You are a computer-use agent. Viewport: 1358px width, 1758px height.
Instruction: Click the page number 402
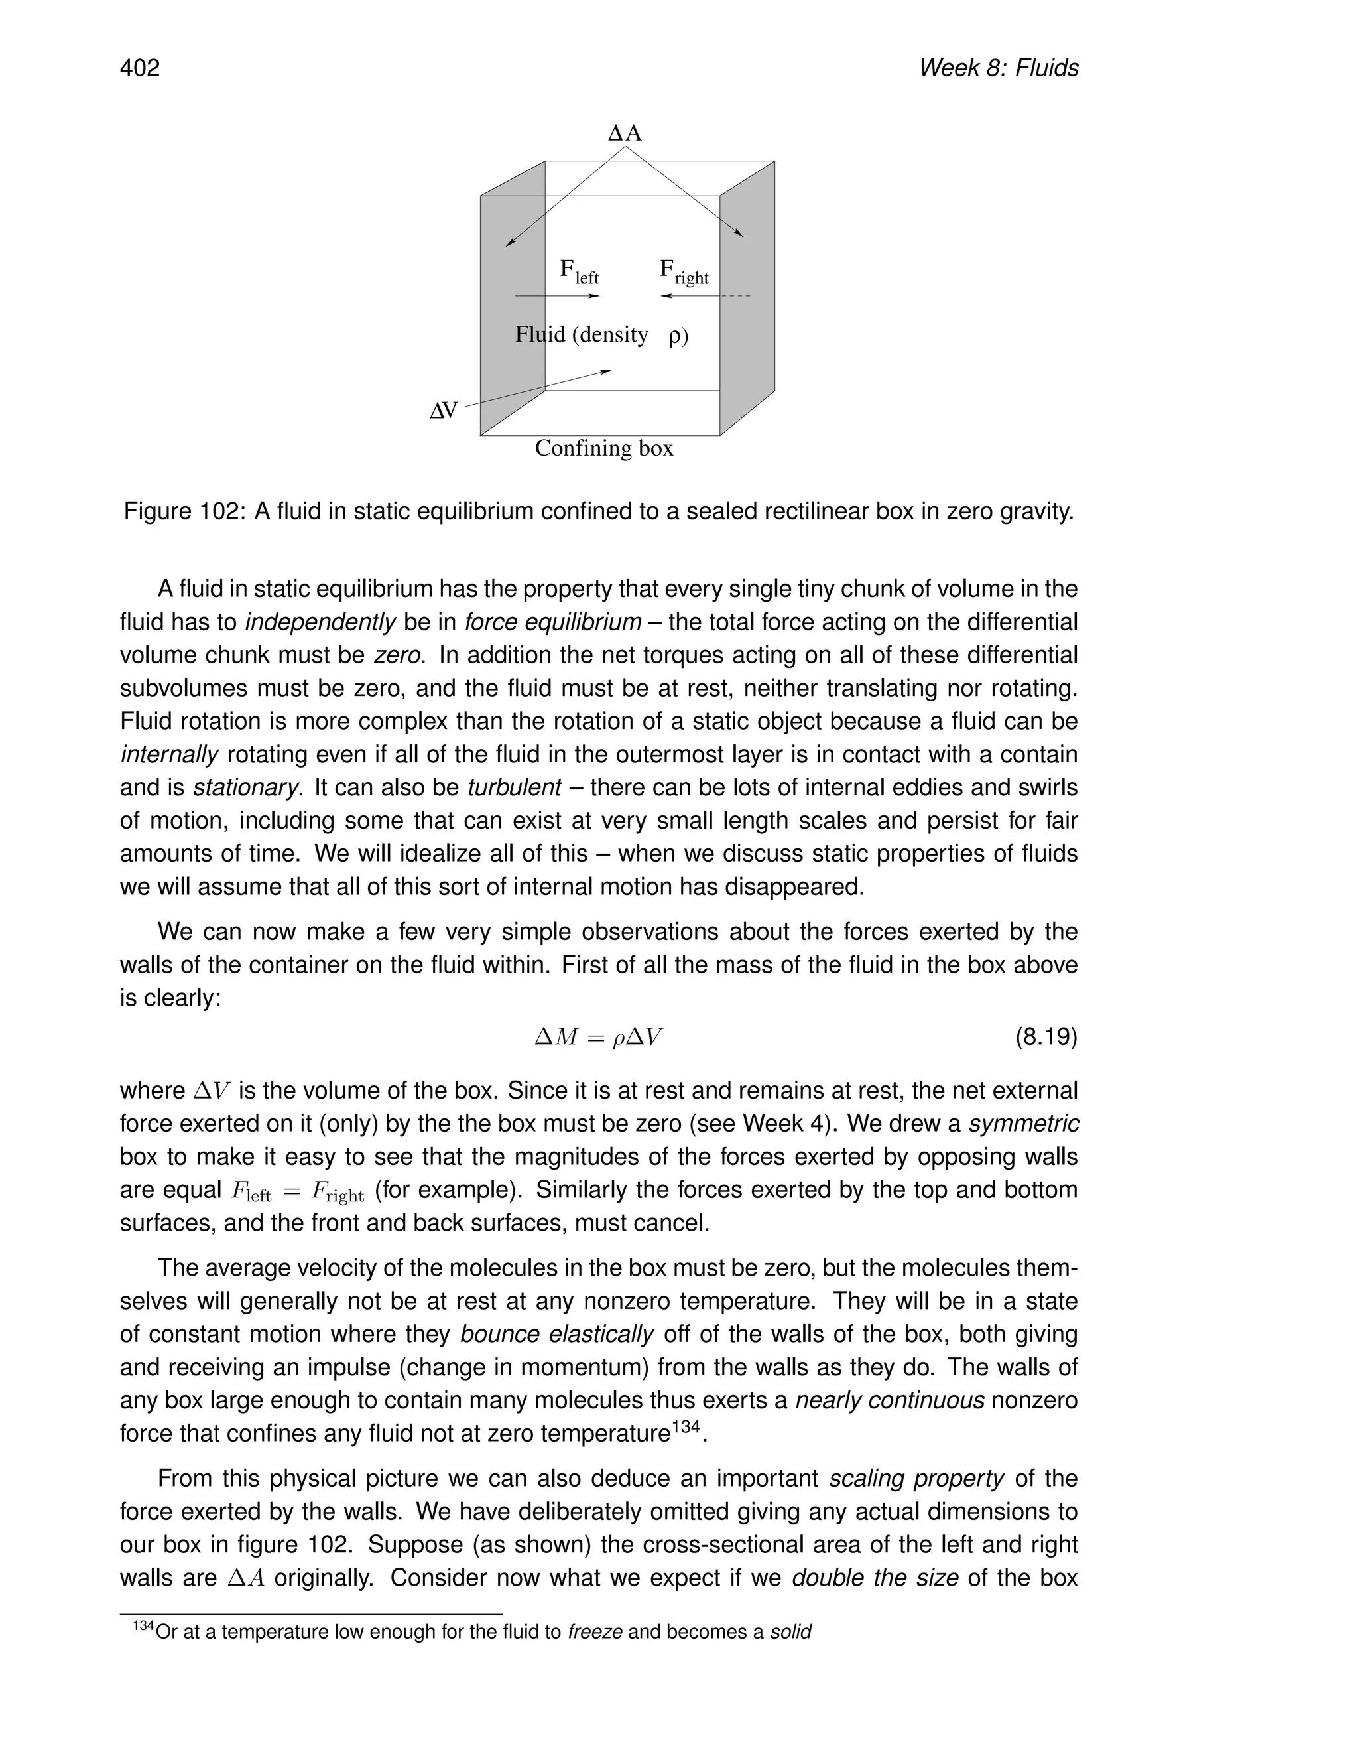[140, 68]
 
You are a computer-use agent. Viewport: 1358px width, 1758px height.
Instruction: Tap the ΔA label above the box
[625, 133]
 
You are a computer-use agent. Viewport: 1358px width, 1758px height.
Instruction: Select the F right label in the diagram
[684, 271]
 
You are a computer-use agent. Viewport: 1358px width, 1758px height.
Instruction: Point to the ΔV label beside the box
[444, 411]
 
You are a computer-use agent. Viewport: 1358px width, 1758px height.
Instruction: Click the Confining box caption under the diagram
[603, 448]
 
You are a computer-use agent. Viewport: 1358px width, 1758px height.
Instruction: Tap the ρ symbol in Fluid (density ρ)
[676, 336]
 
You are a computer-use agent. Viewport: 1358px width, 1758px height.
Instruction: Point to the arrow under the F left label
[557, 297]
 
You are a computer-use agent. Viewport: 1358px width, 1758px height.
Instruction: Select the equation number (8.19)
[1046, 1037]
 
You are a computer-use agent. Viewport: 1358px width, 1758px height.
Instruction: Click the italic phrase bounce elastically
[557, 1335]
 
